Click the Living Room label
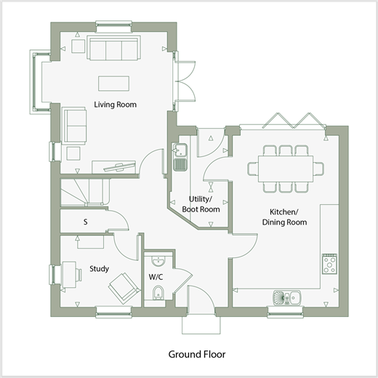[115, 105]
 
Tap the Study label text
[99, 269]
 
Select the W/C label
[156, 277]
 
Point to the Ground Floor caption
[197, 354]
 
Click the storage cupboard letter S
[85, 222]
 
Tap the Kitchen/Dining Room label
[284, 217]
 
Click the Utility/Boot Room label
[201, 204]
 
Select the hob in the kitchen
[329, 264]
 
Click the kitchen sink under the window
[287, 298]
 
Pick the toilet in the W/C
[158, 293]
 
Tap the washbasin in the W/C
[158, 261]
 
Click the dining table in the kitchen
[286, 169]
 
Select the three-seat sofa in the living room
[114, 48]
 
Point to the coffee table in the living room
[113, 84]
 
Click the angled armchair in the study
[124, 289]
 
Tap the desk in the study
[69, 275]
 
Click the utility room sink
[180, 157]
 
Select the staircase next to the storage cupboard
[85, 193]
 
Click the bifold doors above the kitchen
[294, 121]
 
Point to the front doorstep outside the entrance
[201, 325]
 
